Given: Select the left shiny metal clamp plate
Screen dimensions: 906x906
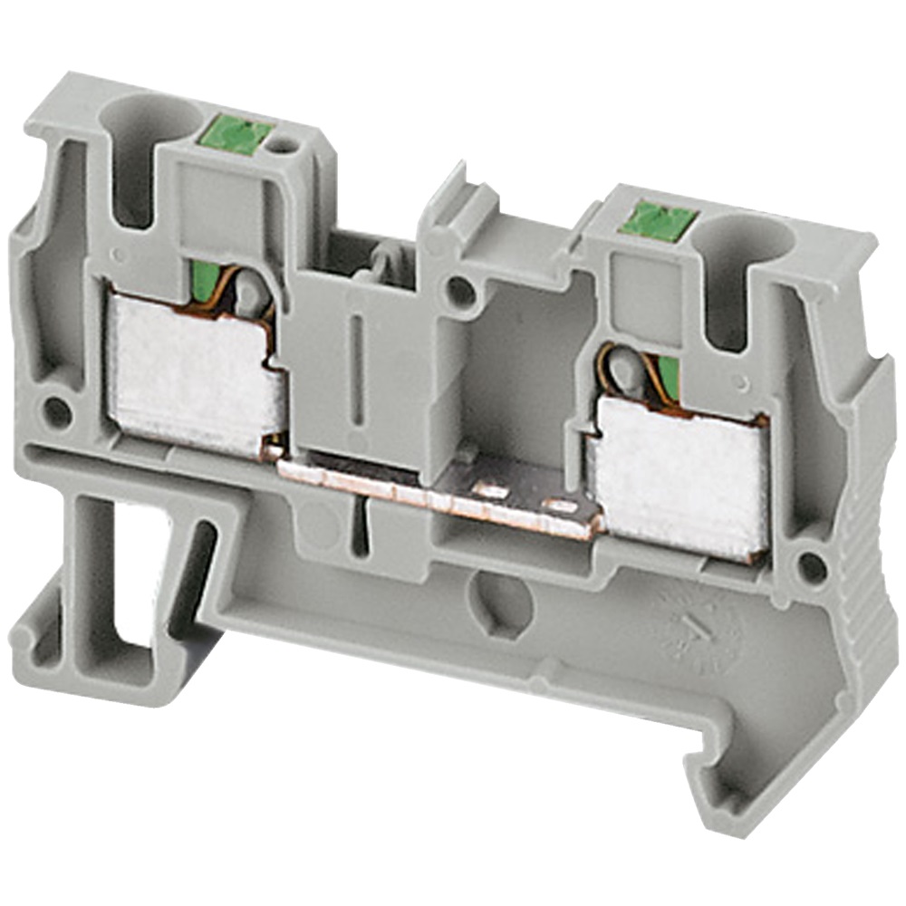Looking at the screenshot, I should (192, 372).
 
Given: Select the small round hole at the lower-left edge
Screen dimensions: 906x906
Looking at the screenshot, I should (57, 412).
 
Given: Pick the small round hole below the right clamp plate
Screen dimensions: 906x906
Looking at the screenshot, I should (810, 568).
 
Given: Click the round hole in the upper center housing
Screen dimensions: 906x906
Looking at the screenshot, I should (460, 292).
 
